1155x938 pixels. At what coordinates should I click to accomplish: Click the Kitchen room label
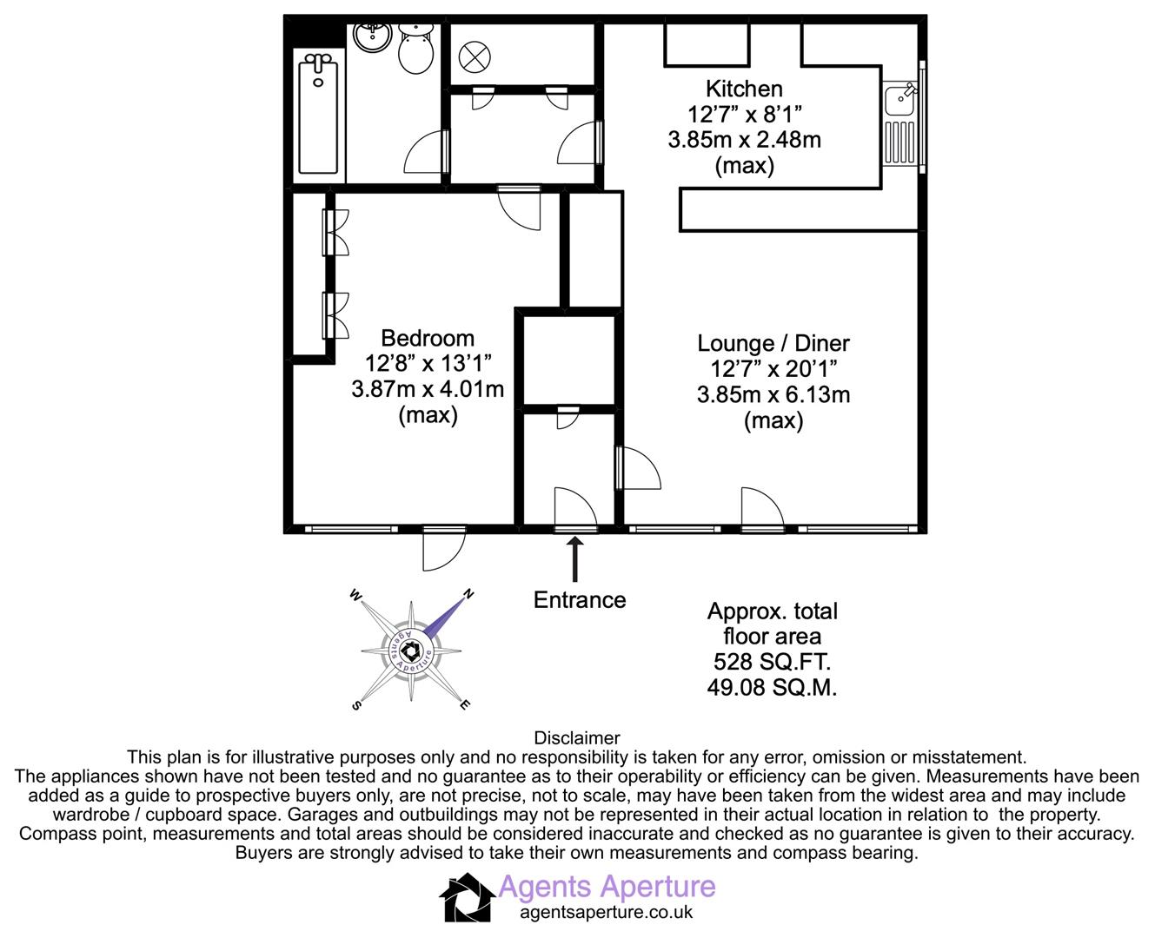[744, 89]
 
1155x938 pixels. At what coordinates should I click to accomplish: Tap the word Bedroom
[428, 338]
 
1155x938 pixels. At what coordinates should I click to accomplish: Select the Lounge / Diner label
[773, 344]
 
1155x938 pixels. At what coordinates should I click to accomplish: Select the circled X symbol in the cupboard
[475, 58]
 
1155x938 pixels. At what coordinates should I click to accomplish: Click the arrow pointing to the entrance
[574, 559]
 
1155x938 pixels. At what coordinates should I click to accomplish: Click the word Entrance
[579, 600]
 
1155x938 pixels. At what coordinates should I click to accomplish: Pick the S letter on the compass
[355, 705]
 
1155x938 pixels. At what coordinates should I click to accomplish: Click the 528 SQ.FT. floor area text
[772, 662]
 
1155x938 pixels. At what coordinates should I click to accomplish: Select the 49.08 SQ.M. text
[772, 688]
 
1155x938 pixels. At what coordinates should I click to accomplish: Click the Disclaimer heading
[577, 739]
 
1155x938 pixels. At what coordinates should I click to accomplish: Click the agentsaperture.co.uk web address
[606, 913]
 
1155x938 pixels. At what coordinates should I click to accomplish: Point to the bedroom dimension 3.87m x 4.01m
[428, 389]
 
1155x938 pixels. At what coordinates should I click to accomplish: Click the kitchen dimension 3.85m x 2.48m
[744, 139]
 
